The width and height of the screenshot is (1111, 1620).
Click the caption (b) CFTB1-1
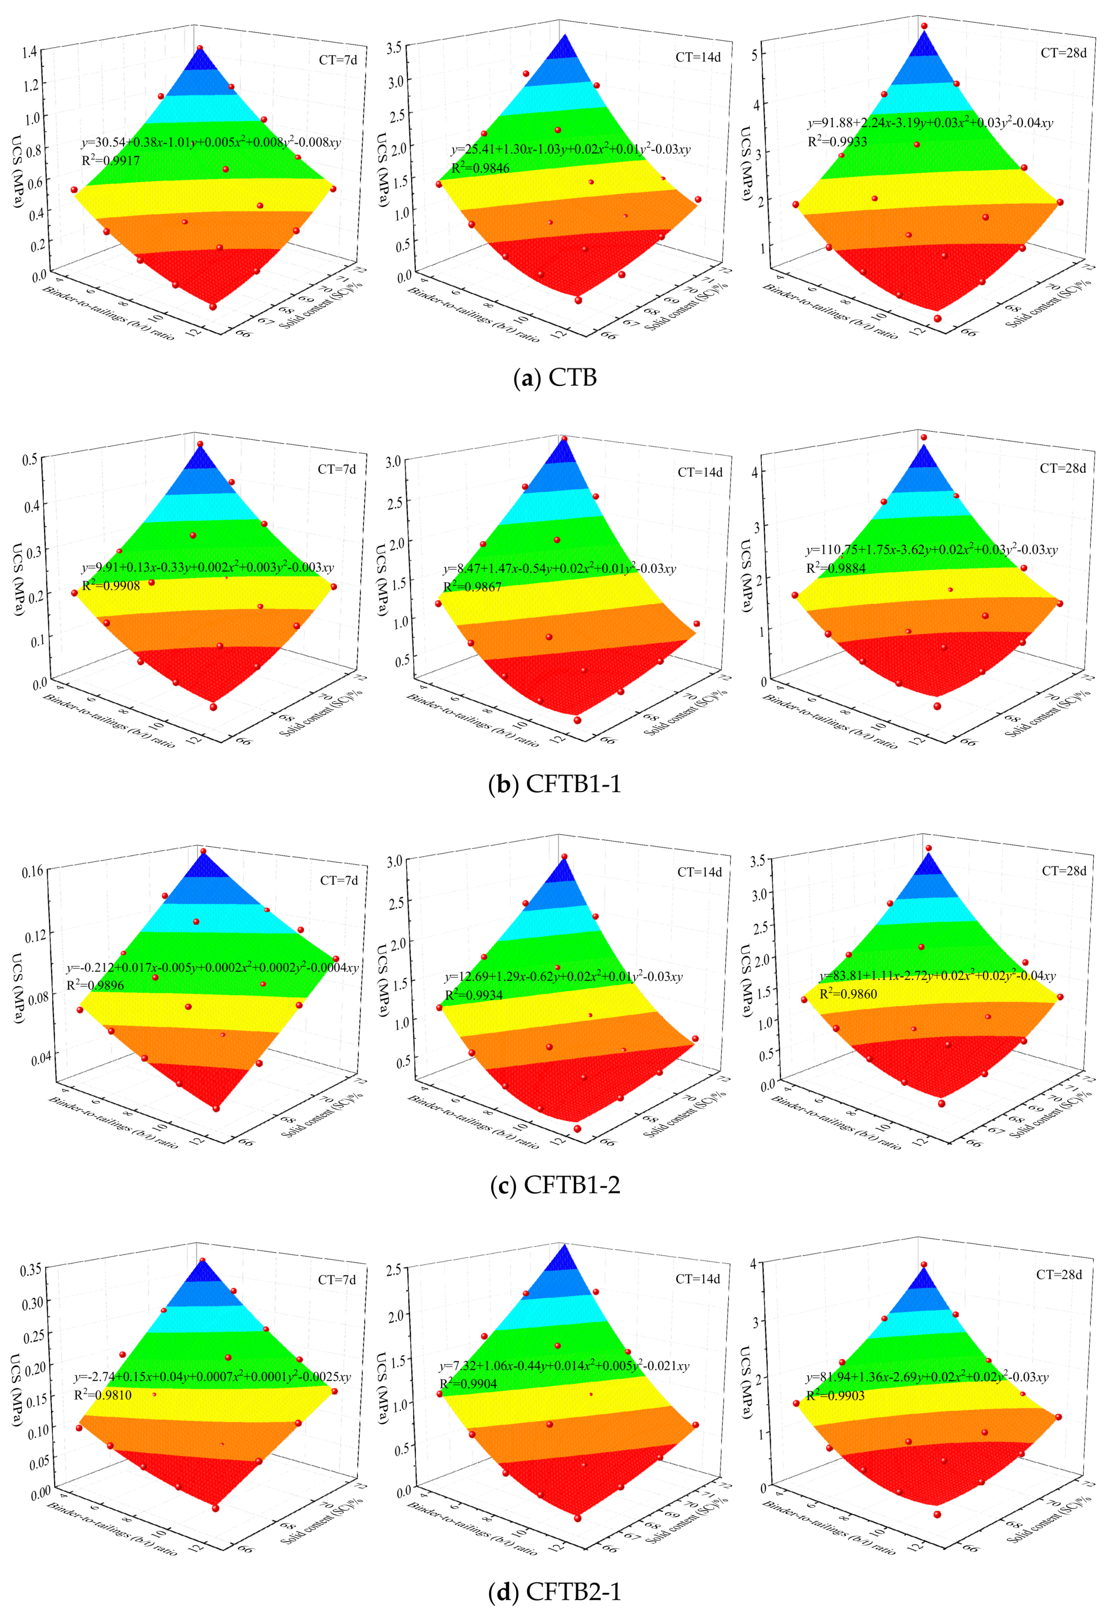pos(555,784)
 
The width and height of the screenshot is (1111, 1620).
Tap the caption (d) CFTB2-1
pos(555,1591)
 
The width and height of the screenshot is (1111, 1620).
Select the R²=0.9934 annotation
pos(474,995)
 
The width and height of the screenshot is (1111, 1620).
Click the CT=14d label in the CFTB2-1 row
pos(697,1279)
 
